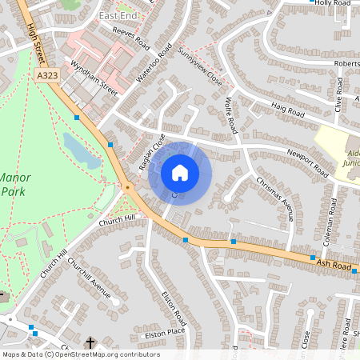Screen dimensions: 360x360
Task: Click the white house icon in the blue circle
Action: pyautogui.click(x=180, y=173)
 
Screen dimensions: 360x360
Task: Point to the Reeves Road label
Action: pyautogui.click(x=131, y=37)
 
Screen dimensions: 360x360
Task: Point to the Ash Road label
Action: pyautogui.click(x=334, y=262)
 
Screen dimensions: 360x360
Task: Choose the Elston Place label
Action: pyautogui.click(x=163, y=330)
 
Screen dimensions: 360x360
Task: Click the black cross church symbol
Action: pyautogui.click(x=90, y=343)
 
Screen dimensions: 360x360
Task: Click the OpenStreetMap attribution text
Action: pyautogui.click(x=80, y=354)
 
